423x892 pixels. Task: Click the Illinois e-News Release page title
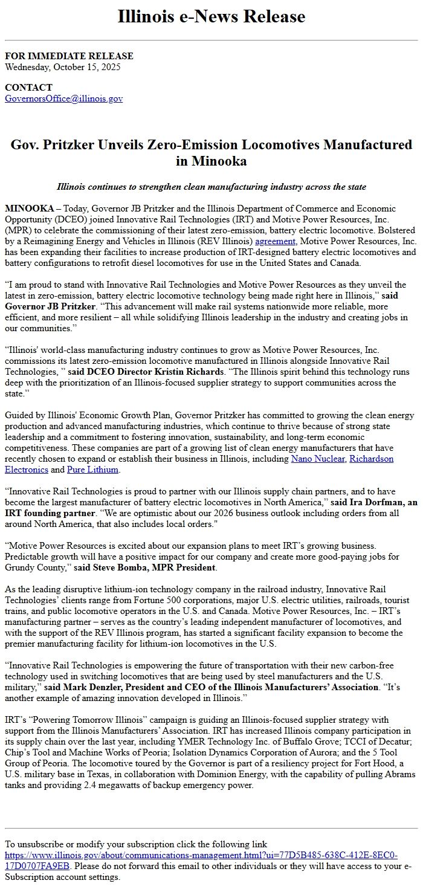pos(211,17)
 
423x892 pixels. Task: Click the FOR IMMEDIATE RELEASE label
pos(69,56)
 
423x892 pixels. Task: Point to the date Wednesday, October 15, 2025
pos(63,67)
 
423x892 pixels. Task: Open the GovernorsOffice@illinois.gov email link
pos(64,99)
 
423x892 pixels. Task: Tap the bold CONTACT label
pos(28,88)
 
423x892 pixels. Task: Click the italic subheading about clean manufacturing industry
pos(211,187)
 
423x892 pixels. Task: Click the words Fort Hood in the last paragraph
pos(374,764)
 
